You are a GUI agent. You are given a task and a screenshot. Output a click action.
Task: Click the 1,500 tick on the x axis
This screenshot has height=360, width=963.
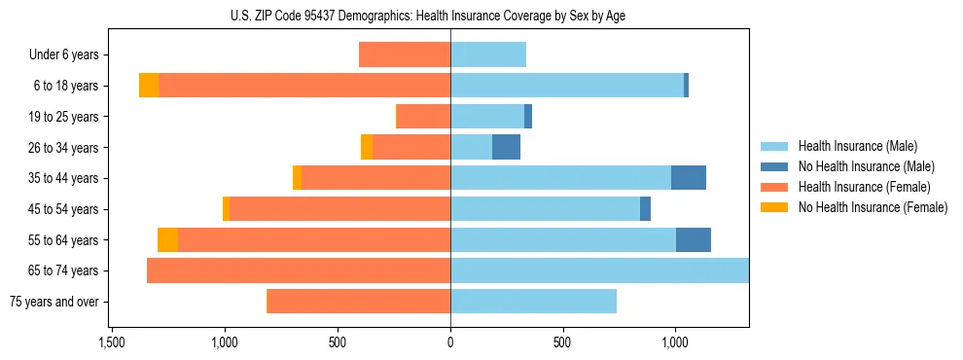tap(112, 343)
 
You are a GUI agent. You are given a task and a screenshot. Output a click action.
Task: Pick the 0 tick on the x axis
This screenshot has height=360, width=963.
tap(450, 343)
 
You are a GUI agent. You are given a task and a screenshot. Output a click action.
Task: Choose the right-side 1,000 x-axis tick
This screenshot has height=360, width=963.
tap(675, 343)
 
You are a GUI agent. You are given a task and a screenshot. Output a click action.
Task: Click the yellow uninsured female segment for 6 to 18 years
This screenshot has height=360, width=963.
tap(149, 86)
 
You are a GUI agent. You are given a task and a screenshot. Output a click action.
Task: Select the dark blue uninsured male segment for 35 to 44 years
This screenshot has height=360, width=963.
tap(689, 178)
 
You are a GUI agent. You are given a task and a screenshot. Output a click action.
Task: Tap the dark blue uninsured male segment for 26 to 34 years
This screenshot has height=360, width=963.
tap(506, 147)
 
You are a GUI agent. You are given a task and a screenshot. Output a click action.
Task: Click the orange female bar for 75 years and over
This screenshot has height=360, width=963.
tap(358, 302)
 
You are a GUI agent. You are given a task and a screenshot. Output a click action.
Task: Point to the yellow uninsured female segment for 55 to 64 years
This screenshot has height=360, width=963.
tap(167, 240)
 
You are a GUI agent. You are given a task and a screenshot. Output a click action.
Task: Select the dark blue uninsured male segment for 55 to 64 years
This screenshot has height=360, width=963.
tap(694, 240)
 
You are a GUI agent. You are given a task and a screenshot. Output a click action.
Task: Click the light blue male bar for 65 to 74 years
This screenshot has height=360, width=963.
tap(599, 270)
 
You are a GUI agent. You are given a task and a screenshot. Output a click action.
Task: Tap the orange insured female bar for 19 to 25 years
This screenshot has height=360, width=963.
tap(423, 117)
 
